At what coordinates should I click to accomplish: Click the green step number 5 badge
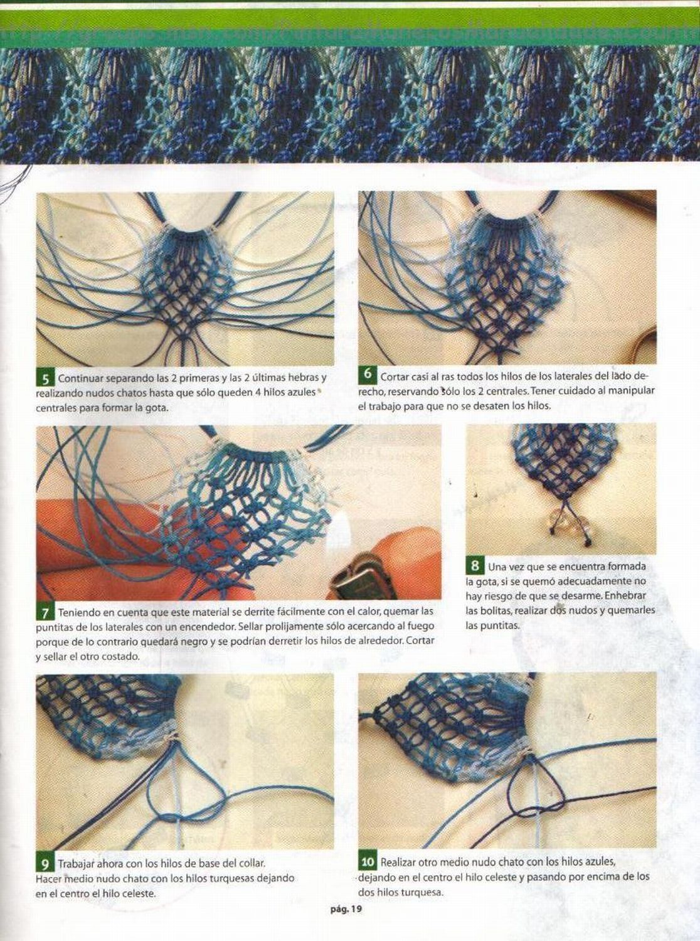click(45, 379)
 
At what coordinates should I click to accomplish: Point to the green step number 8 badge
click(475, 566)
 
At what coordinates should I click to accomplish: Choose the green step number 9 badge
click(45, 864)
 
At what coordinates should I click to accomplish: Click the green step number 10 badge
click(368, 862)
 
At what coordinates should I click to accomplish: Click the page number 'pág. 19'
click(346, 908)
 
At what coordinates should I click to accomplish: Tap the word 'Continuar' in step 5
click(79, 379)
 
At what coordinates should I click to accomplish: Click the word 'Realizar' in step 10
click(399, 862)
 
